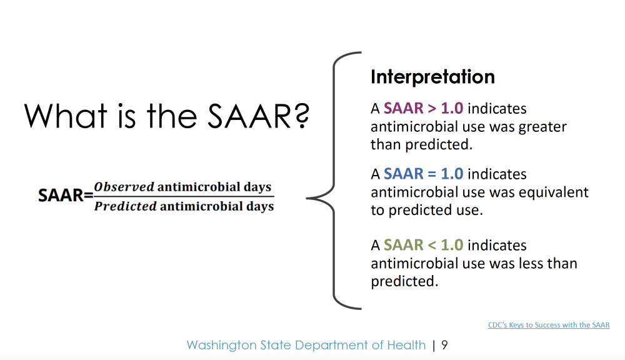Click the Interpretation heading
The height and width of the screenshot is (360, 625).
click(x=432, y=76)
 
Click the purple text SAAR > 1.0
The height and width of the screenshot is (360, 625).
click(x=423, y=109)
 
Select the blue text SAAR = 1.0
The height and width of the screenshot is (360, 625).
click(x=423, y=174)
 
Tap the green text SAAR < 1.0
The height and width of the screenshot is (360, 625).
click(x=423, y=245)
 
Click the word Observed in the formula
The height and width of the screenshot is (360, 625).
click(x=124, y=187)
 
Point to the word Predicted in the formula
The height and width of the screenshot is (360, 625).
click(x=125, y=206)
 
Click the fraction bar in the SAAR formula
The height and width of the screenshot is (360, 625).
click(x=184, y=196)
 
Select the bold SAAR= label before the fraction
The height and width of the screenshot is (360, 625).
click(x=66, y=196)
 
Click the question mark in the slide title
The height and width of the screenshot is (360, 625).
click(x=303, y=116)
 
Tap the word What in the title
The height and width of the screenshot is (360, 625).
click(x=66, y=116)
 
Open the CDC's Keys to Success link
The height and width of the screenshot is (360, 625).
click(x=549, y=325)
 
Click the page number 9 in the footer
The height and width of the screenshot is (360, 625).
click(x=444, y=345)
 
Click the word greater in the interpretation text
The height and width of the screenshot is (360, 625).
click(x=542, y=127)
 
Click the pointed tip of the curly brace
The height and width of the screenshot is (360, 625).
click(x=307, y=197)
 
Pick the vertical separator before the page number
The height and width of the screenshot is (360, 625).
click(x=434, y=345)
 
